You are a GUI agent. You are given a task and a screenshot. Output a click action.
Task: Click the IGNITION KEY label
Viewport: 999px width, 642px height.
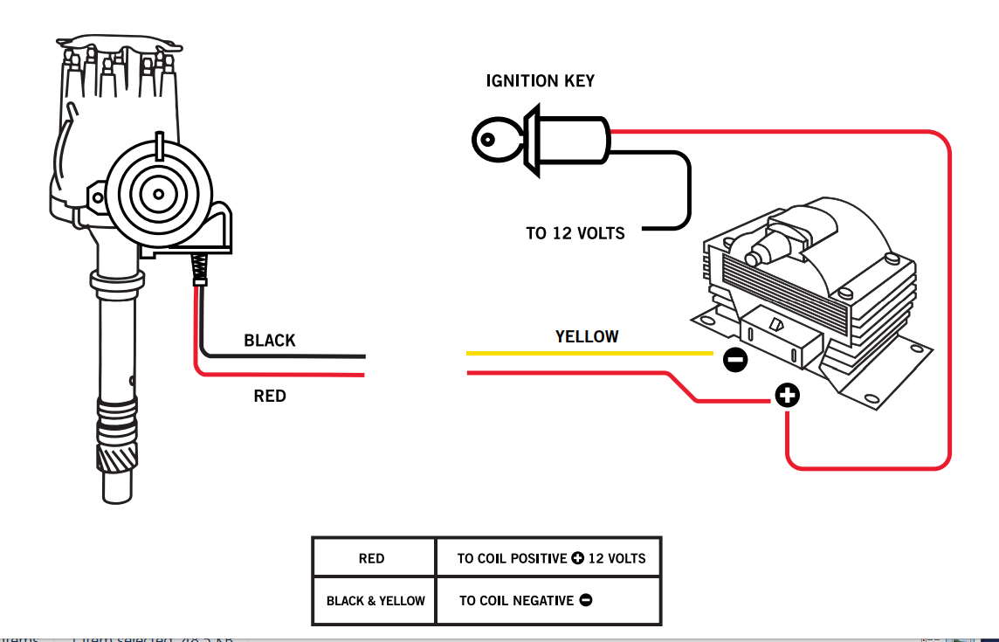540,81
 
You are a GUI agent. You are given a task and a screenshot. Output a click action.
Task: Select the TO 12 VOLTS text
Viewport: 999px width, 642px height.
575,233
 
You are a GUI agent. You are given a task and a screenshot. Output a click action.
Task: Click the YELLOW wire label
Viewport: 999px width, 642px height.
587,336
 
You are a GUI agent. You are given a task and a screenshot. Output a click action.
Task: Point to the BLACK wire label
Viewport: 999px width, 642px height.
270,341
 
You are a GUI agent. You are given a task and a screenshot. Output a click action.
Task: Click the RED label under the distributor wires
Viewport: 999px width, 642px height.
270,397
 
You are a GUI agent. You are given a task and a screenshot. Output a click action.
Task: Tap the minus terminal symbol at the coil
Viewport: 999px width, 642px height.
735,359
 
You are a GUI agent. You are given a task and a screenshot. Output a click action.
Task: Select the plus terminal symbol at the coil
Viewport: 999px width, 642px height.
787,397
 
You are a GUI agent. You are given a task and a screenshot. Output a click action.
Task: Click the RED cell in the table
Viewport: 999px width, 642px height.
372,559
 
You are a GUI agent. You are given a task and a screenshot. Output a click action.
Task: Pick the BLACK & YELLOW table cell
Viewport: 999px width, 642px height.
375,601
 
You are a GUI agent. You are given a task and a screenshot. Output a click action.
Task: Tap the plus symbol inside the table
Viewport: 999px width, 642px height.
577,559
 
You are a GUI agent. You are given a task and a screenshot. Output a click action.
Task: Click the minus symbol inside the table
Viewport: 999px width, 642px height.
585,601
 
